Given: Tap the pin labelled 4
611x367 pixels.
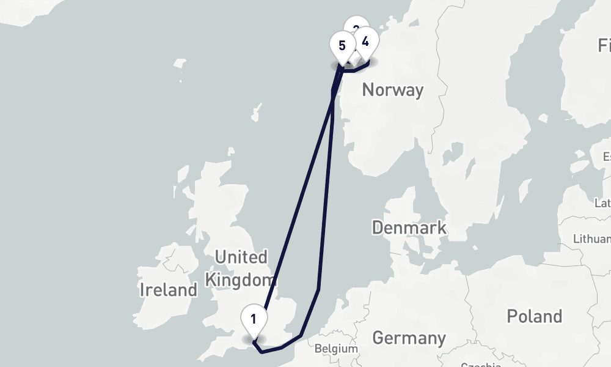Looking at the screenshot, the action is (x=365, y=42).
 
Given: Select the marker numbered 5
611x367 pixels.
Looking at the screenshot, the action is (x=342, y=46).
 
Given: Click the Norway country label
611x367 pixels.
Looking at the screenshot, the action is (x=392, y=90).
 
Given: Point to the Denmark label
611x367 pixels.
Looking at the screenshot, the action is (x=409, y=228).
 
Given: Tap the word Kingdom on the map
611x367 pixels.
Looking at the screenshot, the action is (x=240, y=280).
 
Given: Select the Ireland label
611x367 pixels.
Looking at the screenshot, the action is (x=168, y=289).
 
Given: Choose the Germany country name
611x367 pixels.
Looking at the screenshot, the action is (x=409, y=337).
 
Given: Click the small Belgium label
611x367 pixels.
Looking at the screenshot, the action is (x=335, y=349).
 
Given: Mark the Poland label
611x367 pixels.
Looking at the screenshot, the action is (x=534, y=316).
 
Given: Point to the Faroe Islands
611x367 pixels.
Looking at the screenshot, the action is (x=179, y=64).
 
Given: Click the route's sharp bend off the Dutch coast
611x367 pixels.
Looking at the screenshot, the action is (x=318, y=288).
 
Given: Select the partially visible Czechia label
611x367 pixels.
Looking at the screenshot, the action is (x=481, y=364).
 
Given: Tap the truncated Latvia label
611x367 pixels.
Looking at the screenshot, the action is (x=603, y=202).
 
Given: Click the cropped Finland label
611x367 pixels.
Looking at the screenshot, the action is (x=604, y=45).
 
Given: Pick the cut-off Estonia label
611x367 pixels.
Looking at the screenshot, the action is (x=606, y=156).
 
